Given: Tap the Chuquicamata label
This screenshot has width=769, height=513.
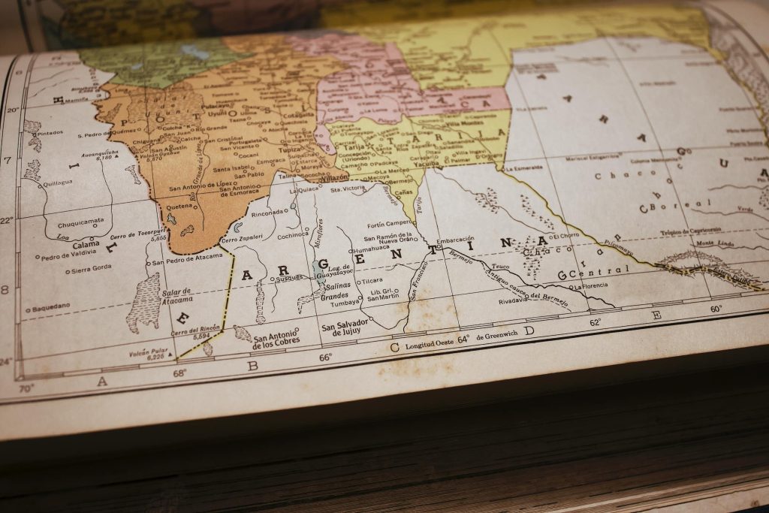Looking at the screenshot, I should point(80,223).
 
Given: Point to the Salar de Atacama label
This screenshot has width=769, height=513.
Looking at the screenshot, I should point(176,296).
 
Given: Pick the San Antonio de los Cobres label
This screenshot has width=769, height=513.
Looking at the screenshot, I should point(276,336).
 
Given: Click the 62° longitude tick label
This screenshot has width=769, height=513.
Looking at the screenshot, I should point(595,322).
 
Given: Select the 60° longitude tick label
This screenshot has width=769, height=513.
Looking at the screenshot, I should point(716,309).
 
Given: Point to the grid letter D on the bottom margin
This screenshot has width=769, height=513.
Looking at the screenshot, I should point(529,330).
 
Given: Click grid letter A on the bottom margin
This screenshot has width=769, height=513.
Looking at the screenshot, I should point(102,382).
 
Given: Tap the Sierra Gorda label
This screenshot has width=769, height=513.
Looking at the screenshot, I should point(91,268).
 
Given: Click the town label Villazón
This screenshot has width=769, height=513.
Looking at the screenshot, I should point(333,178).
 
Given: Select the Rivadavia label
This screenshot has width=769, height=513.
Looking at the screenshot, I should point(513,300).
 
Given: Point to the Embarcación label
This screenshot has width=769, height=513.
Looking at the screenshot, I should point(455,240).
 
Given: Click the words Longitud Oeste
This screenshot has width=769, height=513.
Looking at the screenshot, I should point(430,343).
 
